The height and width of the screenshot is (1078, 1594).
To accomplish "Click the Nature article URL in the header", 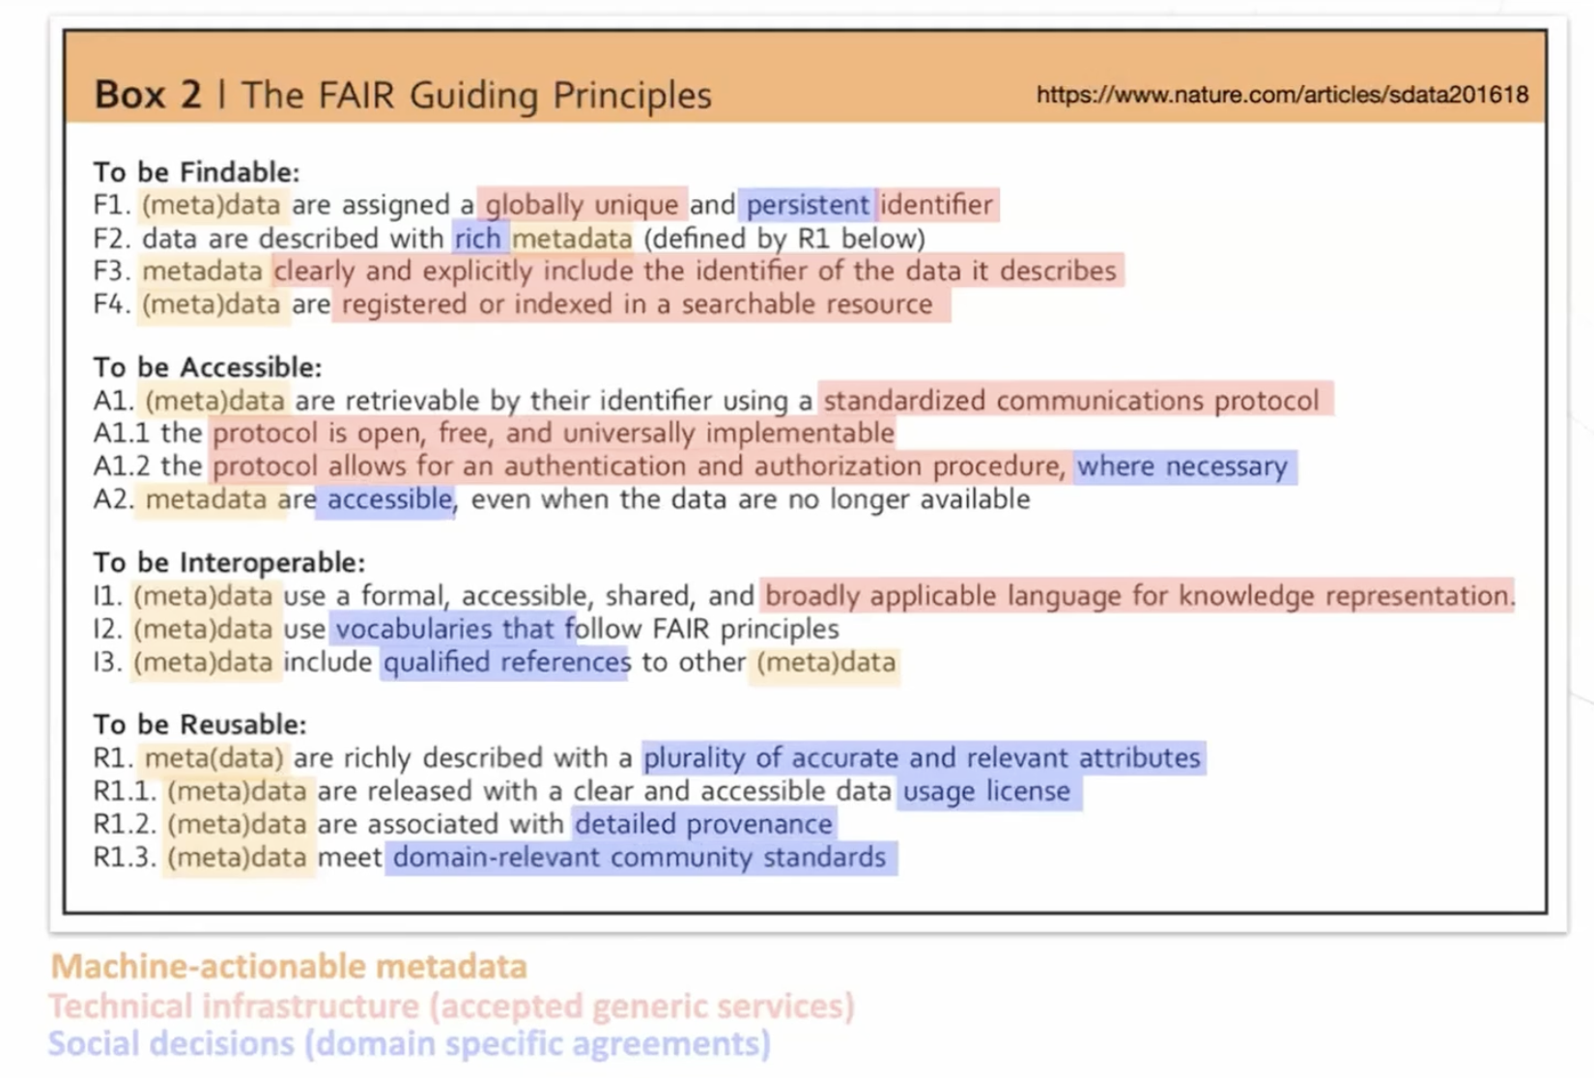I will click(x=1282, y=95).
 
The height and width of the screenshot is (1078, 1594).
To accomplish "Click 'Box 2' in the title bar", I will click(x=148, y=95).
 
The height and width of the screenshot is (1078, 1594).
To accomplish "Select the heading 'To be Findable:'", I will click(x=196, y=172).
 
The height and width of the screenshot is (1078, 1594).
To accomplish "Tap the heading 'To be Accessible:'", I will click(x=207, y=367).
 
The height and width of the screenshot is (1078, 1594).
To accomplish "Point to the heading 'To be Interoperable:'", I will click(x=229, y=562).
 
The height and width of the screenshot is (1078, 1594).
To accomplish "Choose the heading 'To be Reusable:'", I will click(x=199, y=724).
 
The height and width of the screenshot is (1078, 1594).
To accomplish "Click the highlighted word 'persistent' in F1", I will click(x=808, y=205).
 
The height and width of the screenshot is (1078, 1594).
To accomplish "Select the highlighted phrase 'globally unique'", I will click(x=582, y=205).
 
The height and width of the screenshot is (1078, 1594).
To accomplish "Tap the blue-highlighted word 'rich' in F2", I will click(x=478, y=239).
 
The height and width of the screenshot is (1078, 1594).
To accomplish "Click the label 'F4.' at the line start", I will click(x=111, y=304).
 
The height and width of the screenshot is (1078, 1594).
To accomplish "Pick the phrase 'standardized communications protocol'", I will click(x=1070, y=400).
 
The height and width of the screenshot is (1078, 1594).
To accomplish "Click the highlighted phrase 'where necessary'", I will click(x=1182, y=467).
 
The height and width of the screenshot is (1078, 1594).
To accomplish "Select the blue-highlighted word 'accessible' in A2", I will click(x=389, y=499).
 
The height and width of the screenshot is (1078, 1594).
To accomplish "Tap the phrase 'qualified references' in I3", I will click(x=506, y=663).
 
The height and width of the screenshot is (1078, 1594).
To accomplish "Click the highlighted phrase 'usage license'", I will click(x=986, y=791).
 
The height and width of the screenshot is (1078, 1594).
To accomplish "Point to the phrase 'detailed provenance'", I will click(x=704, y=824).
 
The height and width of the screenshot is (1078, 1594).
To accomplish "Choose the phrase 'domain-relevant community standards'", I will click(x=640, y=857).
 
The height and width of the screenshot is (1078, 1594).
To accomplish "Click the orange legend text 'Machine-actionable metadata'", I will click(x=289, y=966).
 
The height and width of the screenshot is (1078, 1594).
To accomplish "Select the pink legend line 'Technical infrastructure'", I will click(x=451, y=1006).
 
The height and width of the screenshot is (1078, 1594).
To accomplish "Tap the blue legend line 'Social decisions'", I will click(x=410, y=1043).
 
